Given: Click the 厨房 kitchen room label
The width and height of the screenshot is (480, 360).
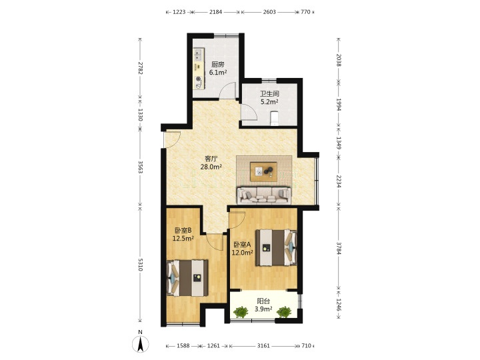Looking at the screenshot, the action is tap(218, 65).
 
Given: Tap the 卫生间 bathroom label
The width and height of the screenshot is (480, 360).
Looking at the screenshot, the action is tap(270, 94).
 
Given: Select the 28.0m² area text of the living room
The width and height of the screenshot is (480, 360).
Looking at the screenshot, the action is tap(211, 167).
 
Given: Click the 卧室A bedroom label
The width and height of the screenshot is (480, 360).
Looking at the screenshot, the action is tap(242, 245).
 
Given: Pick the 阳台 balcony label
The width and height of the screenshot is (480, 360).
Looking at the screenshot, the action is tap(263, 301).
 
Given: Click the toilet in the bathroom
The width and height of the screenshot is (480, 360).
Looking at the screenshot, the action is tap(275, 118).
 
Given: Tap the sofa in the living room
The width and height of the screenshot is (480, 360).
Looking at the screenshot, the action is tap(264, 195).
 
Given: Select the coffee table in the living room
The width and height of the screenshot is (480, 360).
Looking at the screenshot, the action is tap(263, 172).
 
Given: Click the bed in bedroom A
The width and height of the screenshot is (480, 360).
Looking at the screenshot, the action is tap(276, 247).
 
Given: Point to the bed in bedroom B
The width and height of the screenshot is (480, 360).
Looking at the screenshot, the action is tap(187, 278).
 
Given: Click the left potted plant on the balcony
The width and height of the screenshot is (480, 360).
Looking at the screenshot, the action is tap(241, 312).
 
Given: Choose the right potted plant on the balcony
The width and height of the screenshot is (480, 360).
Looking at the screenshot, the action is tap(284, 312).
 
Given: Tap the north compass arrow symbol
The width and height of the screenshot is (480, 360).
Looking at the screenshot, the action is tap(141, 344).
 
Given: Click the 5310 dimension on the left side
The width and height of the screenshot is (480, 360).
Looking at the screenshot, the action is tap(140, 265).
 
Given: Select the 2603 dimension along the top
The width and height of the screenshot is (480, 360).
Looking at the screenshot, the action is tap(269, 12).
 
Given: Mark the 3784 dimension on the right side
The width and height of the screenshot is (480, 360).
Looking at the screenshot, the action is tap(339, 248).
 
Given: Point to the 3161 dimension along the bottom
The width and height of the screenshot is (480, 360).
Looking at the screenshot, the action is tap(263, 345).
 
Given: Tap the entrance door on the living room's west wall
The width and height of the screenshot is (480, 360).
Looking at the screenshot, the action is tap(172, 139).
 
